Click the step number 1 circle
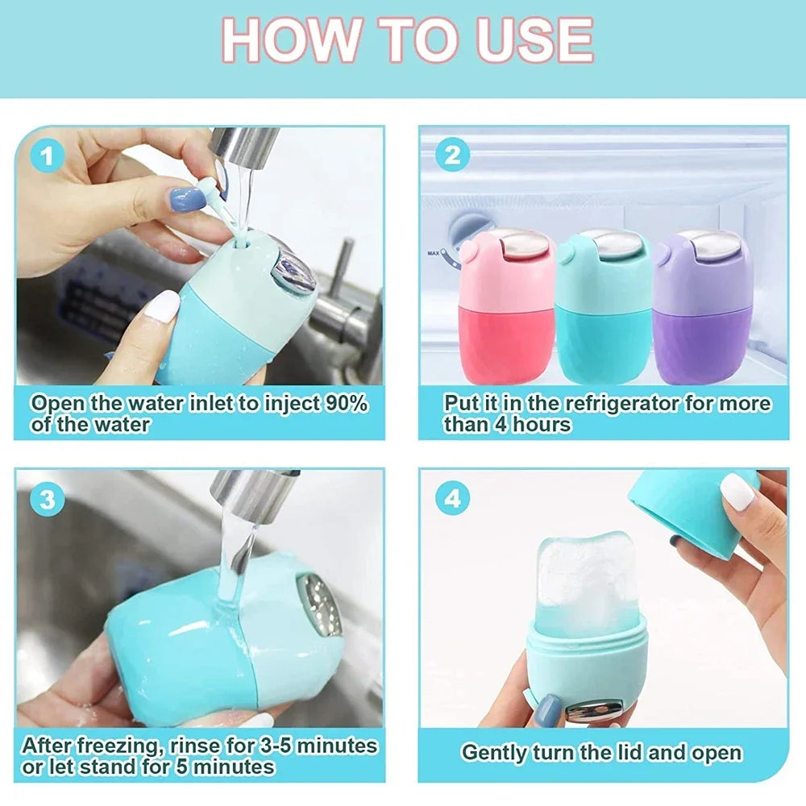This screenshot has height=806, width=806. coord(48,156)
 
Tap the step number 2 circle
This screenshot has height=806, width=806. coord(452,155)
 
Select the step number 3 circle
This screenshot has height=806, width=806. coord(48,499)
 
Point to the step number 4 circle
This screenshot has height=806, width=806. coord(452,499)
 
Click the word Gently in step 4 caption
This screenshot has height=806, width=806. coord(494,753)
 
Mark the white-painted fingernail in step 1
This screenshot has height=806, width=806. coord(164,307)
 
